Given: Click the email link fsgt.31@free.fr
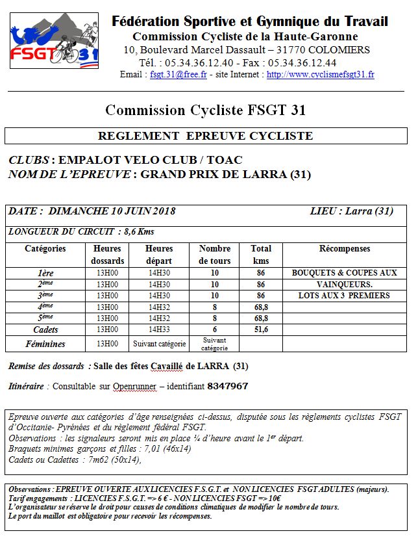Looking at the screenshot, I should pos(178,75).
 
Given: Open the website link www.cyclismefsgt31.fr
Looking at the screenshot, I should pos(320,75).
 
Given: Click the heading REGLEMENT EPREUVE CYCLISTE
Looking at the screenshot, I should pos(205,136).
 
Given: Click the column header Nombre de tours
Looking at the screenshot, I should pos(215,255).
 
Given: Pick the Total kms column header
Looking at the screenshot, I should pos(261,255).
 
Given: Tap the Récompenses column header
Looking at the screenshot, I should pos(345,249).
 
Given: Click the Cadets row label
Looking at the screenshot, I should pos(45,330).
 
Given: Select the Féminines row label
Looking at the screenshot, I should pos(45,343).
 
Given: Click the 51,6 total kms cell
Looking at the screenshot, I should pos(261,330).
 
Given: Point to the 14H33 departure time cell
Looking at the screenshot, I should pos(159,330).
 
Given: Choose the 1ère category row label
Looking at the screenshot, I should pos(45,273).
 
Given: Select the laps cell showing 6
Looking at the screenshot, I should pos(215,330).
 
